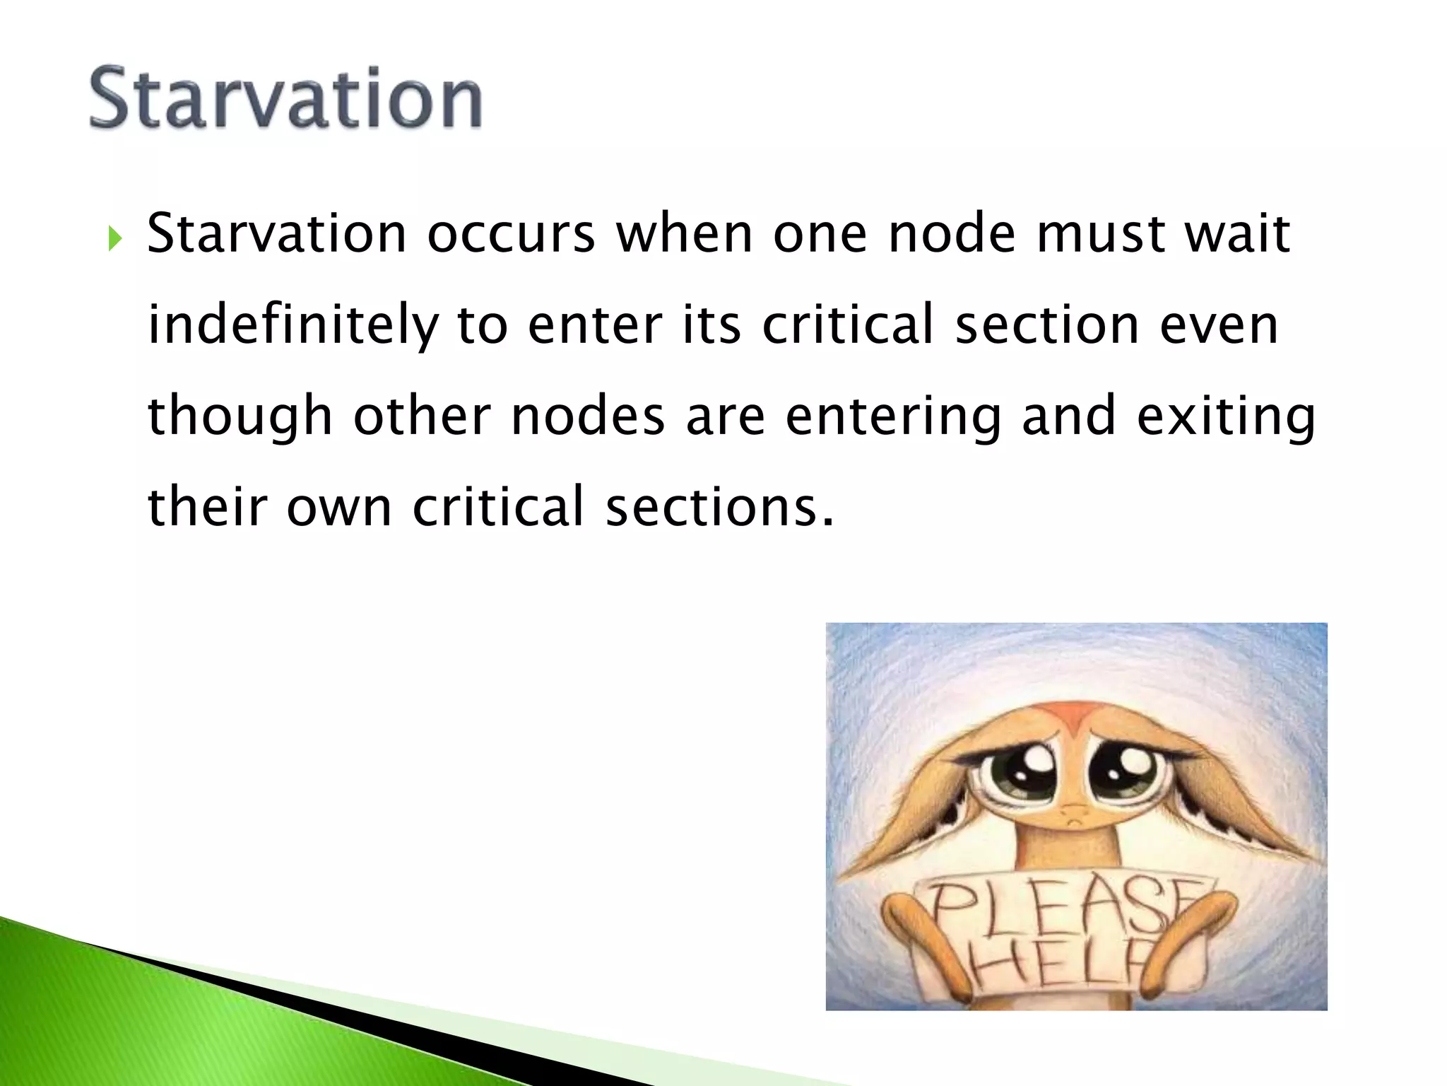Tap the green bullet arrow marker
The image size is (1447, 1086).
coord(115,240)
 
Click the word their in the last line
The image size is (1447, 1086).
coord(207,507)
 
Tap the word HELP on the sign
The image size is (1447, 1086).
coord(1060,965)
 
